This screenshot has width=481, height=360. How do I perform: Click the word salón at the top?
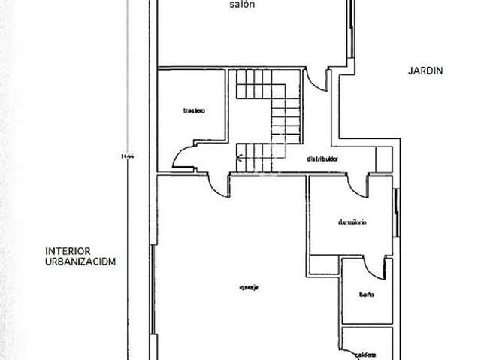click(242, 5)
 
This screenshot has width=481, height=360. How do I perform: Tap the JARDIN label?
click(425, 71)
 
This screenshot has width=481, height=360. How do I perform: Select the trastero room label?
click(194, 110)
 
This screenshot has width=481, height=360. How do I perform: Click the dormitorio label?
click(352, 222)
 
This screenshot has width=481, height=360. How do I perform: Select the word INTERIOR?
click(68, 250)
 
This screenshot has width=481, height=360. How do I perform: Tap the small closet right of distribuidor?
click(384, 159)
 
